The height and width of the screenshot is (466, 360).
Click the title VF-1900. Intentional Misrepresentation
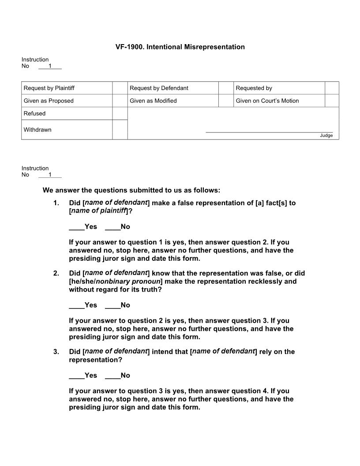click(x=180, y=47)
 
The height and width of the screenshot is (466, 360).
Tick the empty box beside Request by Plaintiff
click(x=120, y=88)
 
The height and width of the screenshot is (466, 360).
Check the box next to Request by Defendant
click(x=226, y=88)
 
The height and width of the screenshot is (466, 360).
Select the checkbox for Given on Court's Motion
click(x=332, y=101)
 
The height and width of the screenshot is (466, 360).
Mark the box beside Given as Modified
click(x=226, y=101)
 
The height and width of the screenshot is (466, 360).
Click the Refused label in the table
click(x=35, y=113)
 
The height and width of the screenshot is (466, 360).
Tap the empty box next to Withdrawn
click(x=120, y=130)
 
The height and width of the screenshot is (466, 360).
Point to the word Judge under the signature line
click(x=326, y=135)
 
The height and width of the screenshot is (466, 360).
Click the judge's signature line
click(x=269, y=132)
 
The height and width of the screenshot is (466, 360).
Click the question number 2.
click(x=56, y=274)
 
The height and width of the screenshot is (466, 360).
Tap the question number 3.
click(x=56, y=352)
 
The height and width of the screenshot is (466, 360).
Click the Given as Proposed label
click(x=49, y=101)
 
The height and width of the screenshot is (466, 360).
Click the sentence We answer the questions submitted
click(x=131, y=190)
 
